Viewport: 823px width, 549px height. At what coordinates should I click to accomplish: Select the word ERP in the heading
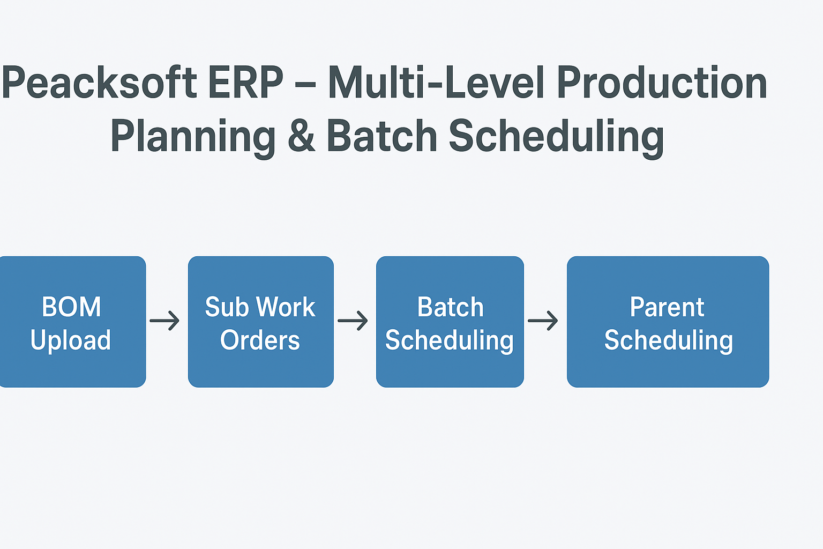[x=245, y=83]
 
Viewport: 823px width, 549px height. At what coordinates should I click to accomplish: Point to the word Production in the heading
[x=662, y=83]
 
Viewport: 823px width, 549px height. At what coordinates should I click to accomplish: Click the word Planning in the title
[x=193, y=137]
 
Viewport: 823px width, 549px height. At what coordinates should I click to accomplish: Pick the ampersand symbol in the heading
[x=301, y=136]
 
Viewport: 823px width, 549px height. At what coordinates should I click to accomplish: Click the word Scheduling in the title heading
[x=556, y=137]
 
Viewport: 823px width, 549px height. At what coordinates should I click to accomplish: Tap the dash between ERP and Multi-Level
[x=305, y=85]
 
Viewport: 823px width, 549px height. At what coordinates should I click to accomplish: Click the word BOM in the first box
[x=71, y=307]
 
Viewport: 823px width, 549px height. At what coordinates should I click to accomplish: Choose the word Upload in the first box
[x=71, y=341]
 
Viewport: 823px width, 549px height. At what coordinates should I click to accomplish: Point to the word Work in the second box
[x=285, y=307]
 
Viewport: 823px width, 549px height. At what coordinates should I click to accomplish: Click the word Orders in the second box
[x=260, y=340]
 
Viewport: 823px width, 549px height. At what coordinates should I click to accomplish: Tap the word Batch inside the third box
[x=450, y=307]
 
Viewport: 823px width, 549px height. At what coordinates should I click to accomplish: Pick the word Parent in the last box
[x=667, y=307]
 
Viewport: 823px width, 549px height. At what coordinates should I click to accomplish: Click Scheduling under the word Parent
[x=668, y=341]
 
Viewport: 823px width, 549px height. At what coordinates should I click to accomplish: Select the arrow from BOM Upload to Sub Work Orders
[x=164, y=321]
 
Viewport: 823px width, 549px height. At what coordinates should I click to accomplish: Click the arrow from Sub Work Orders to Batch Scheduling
[x=353, y=321]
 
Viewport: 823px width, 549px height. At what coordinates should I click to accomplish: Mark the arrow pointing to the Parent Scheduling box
[x=543, y=321]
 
